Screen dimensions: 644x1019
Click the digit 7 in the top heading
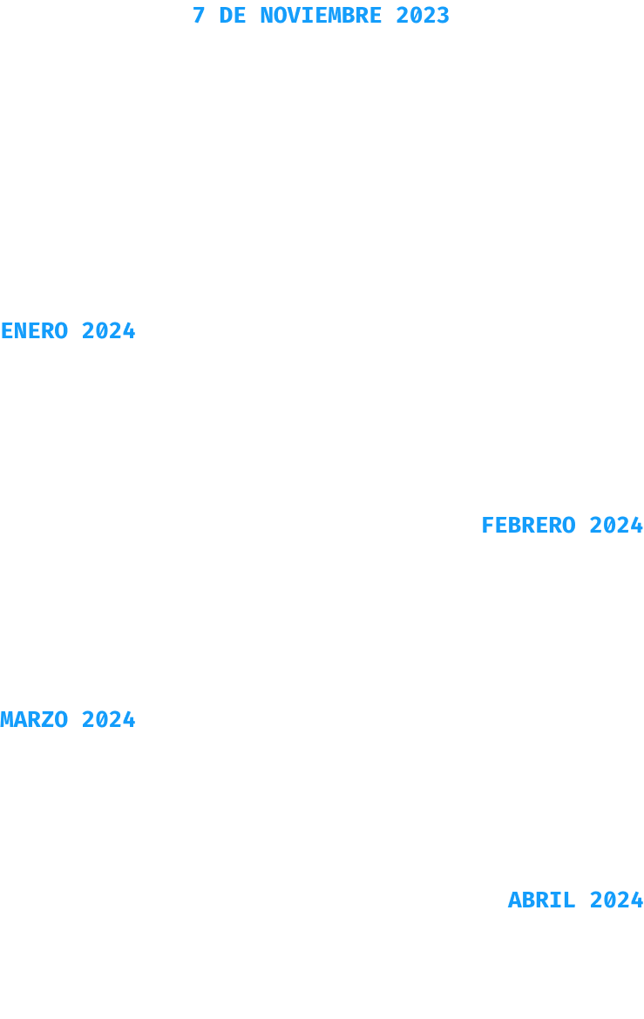point(199,16)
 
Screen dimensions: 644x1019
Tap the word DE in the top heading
point(233,16)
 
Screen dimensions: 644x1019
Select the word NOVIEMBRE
point(321,16)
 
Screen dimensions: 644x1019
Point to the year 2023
point(423,16)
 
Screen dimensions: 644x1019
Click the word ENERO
point(35,330)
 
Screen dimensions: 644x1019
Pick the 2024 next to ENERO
point(109,330)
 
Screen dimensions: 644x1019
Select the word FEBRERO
point(528,525)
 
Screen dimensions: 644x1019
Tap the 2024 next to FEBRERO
point(616,525)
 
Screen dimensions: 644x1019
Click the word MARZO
point(35,719)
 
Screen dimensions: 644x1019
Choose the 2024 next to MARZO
point(109,719)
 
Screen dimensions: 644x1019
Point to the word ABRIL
point(542,900)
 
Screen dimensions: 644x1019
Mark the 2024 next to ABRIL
point(616,900)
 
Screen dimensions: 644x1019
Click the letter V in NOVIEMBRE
point(294,16)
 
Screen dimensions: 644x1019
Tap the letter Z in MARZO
point(48,719)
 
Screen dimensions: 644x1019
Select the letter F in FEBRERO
point(488,525)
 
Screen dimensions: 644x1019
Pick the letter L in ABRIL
point(569,900)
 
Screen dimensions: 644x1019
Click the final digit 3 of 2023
point(444,16)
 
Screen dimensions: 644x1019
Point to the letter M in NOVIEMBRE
point(335,16)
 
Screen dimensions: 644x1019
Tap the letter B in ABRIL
point(528,900)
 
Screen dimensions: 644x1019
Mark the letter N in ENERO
point(21,330)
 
